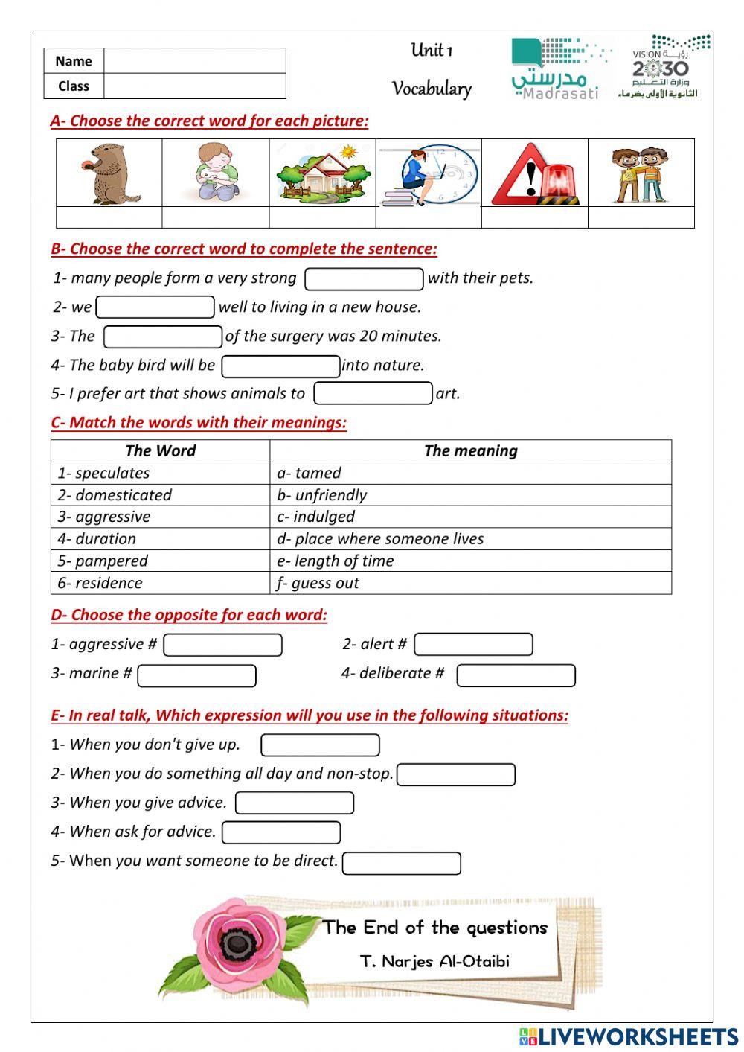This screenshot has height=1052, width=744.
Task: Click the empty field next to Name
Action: point(194,61)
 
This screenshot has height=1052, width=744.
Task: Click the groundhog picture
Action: point(109,173)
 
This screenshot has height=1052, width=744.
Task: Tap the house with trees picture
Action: point(322,173)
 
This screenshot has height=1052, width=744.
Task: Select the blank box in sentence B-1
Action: point(364,279)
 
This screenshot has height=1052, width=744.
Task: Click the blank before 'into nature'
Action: point(280,366)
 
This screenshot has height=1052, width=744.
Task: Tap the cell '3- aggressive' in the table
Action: point(160,517)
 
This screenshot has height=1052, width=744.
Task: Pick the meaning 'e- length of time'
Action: point(470,561)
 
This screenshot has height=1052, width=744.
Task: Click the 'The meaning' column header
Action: point(470,450)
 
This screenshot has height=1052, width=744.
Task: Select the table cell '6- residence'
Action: point(160,583)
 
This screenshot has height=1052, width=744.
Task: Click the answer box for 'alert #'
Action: point(473,645)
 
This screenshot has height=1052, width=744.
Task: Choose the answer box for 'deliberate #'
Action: point(516,675)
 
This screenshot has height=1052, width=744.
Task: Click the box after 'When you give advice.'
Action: point(294,803)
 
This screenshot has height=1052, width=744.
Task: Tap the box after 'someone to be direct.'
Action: point(401,864)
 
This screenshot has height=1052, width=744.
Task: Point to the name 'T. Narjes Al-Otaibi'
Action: point(434,961)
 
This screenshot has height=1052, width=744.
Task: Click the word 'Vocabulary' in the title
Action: point(432,89)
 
